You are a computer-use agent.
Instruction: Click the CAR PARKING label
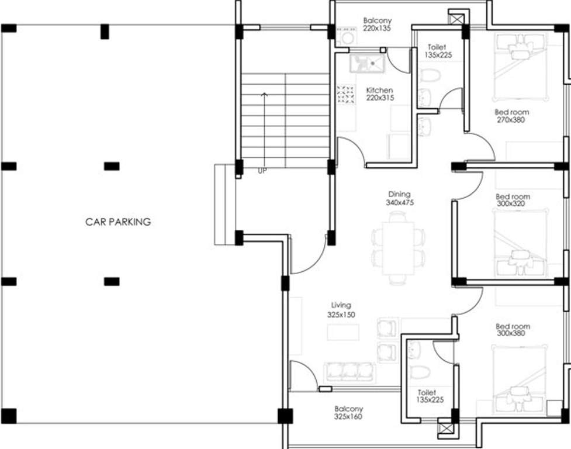(x=118, y=222)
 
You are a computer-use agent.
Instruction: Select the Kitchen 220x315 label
(x=379, y=94)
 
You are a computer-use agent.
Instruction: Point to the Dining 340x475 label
(x=399, y=198)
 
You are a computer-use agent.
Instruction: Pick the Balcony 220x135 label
(x=376, y=24)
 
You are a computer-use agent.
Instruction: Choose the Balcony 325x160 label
(x=348, y=413)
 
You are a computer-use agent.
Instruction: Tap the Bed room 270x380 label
(x=511, y=116)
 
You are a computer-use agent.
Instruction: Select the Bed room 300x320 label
(x=513, y=201)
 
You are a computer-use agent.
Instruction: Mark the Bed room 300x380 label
(x=513, y=330)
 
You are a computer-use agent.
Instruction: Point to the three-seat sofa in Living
(x=349, y=372)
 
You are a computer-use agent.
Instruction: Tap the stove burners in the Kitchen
(x=345, y=94)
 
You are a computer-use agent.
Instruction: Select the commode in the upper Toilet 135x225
(x=430, y=75)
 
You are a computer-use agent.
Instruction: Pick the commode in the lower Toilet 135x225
(x=420, y=372)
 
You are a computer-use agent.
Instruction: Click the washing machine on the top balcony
(x=347, y=37)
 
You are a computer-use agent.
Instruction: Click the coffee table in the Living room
(x=342, y=332)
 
